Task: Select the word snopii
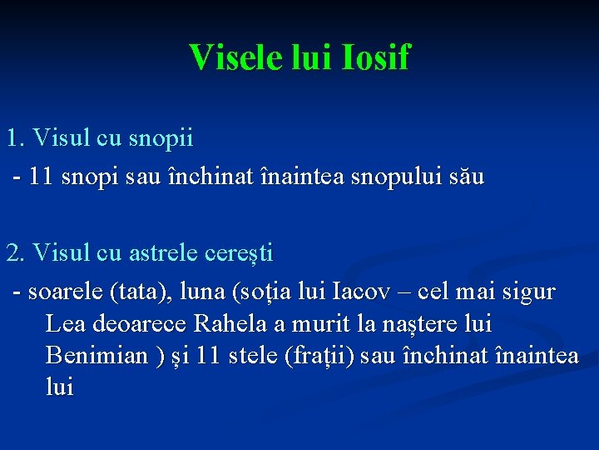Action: tap(162, 137)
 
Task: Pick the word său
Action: tap(466, 177)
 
